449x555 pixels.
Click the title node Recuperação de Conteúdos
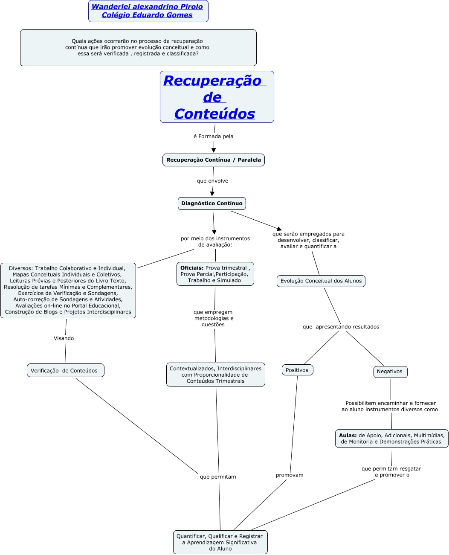pyautogui.click(x=217, y=97)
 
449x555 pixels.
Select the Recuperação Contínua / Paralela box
pyautogui.click(x=213, y=160)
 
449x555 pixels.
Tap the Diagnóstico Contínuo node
pyautogui.click(x=211, y=203)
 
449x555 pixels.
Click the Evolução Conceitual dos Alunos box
pyautogui.click(x=321, y=281)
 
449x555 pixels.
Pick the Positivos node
pyautogui.click(x=297, y=370)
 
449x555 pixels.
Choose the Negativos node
pyautogui.click(x=390, y=372)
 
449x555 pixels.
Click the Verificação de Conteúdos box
pyautogui.click(x=65, y=371)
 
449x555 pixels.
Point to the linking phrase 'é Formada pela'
pyautogui.click(x=213, y=137)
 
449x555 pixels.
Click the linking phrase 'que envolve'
pyautogui.click(x=212, y=181)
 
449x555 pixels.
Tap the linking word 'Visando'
pyautogui.click(x=64, y=338)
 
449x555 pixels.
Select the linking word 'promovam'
pyautogui.click(x=290, y=475)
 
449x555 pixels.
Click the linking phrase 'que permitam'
pyautogui.click(x=218, y=477)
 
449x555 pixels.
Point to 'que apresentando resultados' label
pyautogui.click(x=341, y=327)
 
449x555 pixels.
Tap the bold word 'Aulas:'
pyautogui.click(x=348, y=436)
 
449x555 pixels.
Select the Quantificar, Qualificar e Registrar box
pyautogui.click(x=220, y=542)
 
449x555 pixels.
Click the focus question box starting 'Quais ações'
pyautogui.click(x=138, y=48)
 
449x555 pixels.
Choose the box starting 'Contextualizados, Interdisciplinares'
pyautogui.click(x=215, y=375)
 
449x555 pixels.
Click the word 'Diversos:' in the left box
pyautogui.click(x=20, y=269)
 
